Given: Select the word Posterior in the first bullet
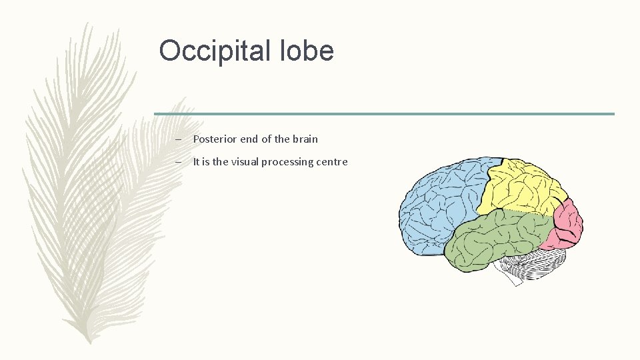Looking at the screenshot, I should pos(213,139).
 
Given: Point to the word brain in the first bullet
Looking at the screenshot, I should pos(305,139).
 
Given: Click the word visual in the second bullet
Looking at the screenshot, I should pos(245,162).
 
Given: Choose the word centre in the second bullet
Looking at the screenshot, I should pos(331,162).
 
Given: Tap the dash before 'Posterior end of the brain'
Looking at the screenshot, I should pos(178,139).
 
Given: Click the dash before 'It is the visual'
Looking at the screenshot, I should pos(178,162).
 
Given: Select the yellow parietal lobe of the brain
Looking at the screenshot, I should pos(523,187).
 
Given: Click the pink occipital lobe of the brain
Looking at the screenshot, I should pos(568,223).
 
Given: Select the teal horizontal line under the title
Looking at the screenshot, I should pos(384,114).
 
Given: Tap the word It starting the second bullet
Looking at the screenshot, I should pos(197,162).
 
